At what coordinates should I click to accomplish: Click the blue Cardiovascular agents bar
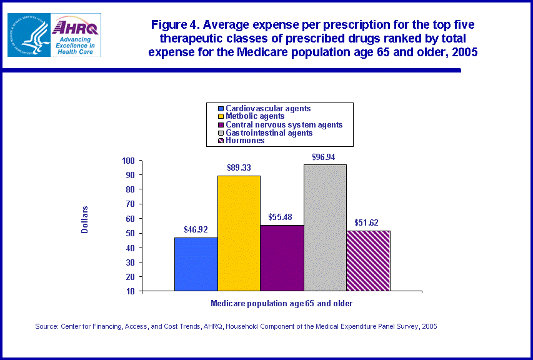[x=196, y=264]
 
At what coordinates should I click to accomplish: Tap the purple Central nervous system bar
[x=282, y=257]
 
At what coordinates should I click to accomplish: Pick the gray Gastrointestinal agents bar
[x=325, y=227]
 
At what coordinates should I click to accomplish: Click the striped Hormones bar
[x=368, y=261]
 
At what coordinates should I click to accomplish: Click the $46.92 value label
[x=196, y=229]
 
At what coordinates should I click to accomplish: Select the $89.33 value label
[x=239, y=167]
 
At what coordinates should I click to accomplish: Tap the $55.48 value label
[x=282, y=216]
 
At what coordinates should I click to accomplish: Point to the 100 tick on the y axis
[x=128, y=161]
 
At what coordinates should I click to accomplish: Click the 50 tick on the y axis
[x=130, y=233]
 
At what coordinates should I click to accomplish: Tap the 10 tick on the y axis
[x=130, y=291]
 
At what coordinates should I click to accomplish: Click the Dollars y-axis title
[x=85, y=220]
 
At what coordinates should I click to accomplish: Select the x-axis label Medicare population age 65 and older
[x=282, y=303]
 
